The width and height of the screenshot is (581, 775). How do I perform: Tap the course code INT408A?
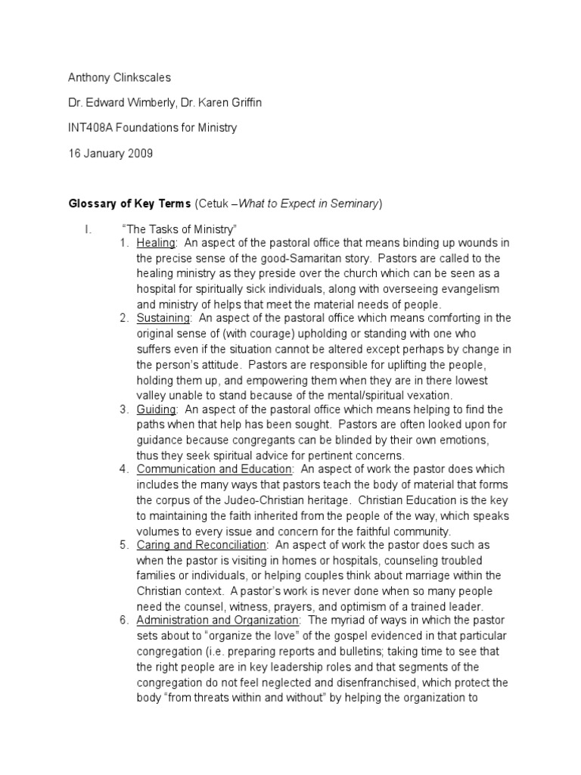[x=94, y=128]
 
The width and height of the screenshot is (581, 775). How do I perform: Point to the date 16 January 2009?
[x=111, y=153]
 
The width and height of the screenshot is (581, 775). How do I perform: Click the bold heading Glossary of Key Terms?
[x=130, y=204]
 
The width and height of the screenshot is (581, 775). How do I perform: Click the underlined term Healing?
[x=156, y=242]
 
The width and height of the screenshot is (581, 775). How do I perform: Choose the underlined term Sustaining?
[x=163, y=317]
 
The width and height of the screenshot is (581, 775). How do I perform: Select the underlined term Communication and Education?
[x=213, y=469]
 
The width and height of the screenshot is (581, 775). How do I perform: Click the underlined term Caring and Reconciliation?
[x=201, y=545]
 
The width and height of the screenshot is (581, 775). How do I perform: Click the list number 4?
[x=124, y=469]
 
